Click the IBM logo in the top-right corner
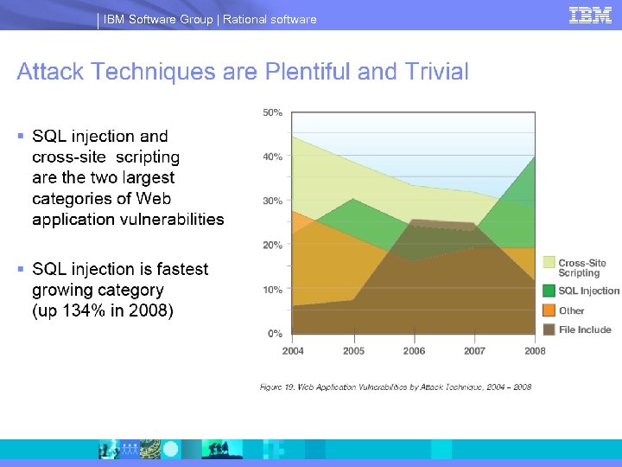(x=590, y=16)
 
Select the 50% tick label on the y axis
(x=272, y=112)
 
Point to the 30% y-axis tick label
(x=272, y=201)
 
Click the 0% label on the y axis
(x=274, y=333)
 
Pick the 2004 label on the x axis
(x=293, y=351)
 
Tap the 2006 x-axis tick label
(x=414, y=351)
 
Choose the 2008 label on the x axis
(x=535, y=351)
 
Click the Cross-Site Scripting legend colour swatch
(x=549, y=262)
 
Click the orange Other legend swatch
(x=549, y=310)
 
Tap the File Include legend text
(x=585, y=329)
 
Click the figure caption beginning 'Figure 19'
(x=396, y=387)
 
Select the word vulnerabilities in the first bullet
(x=172, y=219)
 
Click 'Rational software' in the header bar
(x=270, y=19)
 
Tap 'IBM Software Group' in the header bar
(x=158, y=19)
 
